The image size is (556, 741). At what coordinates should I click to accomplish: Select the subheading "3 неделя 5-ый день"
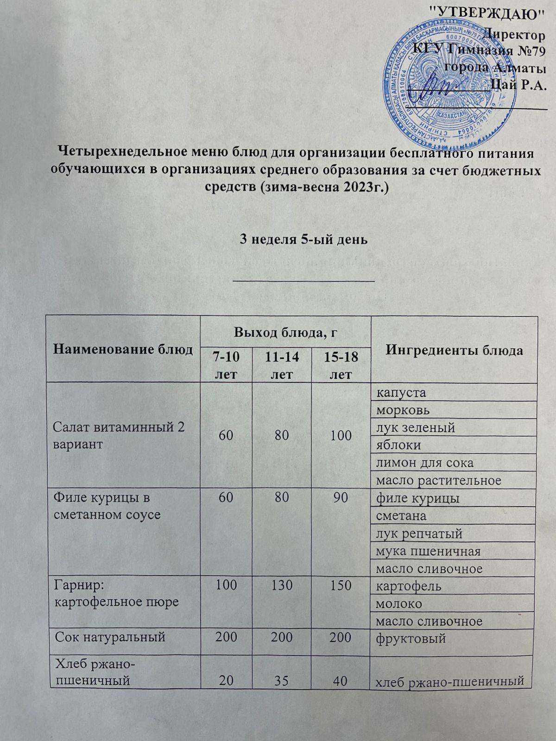point(303,239)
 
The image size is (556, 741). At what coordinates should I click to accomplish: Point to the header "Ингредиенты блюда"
point(454,350)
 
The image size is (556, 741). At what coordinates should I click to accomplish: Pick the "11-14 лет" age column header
point(282,365)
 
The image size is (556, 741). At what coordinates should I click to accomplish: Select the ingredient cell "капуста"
point(401,392)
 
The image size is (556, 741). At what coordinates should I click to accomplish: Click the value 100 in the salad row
point(341,436)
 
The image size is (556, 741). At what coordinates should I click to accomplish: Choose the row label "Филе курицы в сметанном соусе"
point(108,506)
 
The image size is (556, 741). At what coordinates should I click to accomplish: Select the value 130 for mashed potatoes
point(282,585)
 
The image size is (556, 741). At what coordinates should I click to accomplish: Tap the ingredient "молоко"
point(399,603)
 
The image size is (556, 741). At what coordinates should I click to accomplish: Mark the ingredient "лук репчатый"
point(419,533)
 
